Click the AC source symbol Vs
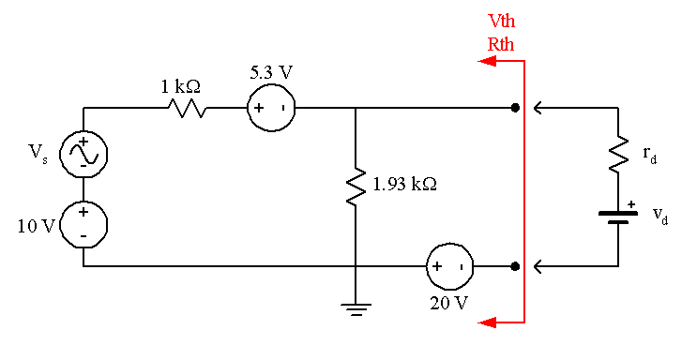tap(83, 153)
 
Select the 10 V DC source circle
tap(83, 224)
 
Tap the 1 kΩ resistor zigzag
tap(188, 108)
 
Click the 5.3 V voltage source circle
tap(270, 108)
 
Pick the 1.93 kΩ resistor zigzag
tap(356, 186)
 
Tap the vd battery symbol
tap(617, 217)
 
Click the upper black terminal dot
tap(515, 108)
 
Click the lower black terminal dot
tap(515, 266)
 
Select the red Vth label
tap(501, 22)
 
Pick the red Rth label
tap(501, 43)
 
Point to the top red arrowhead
tap(486, 62)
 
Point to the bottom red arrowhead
tap(486, 322)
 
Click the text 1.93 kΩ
tap(404, 185)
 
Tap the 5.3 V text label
tap(270, 71)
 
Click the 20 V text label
tap(449, 303)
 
